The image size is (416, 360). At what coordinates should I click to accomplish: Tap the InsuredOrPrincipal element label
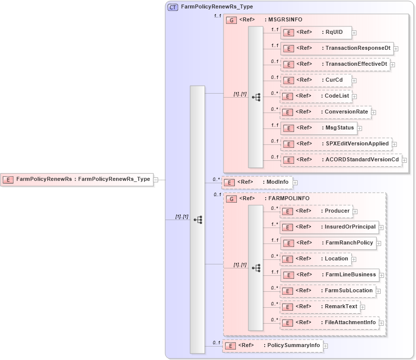coord(349,227)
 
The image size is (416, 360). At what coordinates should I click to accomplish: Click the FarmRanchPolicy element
coord(328,243)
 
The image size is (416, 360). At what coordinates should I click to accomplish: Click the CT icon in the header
coord(173,7)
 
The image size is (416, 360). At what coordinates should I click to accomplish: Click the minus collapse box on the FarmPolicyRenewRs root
coord(156,179)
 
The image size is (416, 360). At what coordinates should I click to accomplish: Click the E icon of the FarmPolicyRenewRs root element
coord(8,179)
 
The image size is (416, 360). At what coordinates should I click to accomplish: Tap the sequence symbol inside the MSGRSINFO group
coord(256,97)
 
